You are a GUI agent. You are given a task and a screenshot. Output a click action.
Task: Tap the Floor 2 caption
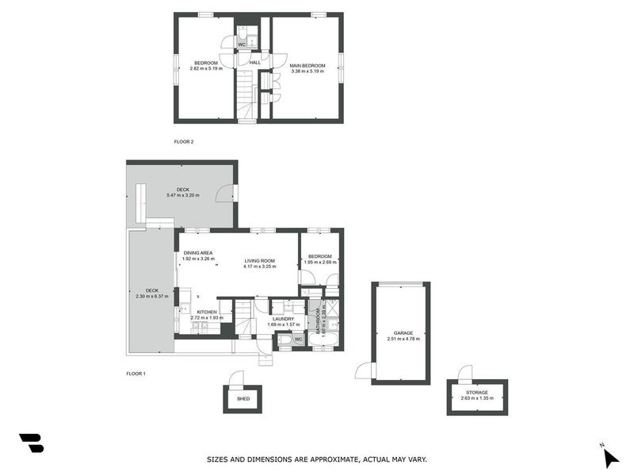pos(184,142)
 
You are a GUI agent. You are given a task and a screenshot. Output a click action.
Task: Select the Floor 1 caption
pos(136,373)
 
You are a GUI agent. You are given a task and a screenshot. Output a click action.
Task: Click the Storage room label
pos(476,393)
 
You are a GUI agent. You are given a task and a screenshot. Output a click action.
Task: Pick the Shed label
pos(243,399)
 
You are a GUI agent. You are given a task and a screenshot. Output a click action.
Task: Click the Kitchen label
pos(207,312)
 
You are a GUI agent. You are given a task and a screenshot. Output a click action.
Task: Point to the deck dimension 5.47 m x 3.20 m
pos(183,195)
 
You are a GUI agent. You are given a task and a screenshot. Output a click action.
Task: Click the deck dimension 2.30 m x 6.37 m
pos(152,296)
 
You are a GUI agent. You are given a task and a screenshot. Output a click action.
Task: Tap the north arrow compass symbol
pos(609,456)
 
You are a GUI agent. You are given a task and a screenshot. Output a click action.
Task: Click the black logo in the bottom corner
pos(31,443)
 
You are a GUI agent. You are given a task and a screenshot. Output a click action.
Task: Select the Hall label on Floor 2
pos(255,63)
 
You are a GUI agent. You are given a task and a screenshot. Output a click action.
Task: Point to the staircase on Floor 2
pos(246,95)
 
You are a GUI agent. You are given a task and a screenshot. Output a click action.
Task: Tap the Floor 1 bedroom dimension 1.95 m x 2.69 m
pos(320,262)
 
